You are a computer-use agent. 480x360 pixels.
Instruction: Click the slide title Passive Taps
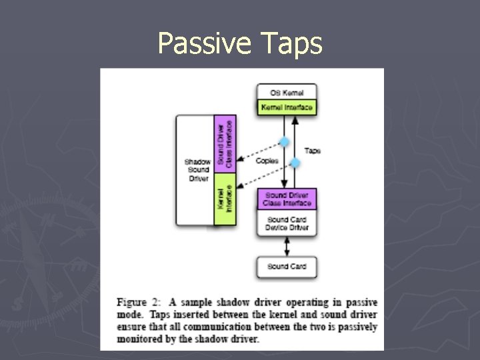tap(240, 44)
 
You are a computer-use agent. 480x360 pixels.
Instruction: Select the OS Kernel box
tap(287, 92)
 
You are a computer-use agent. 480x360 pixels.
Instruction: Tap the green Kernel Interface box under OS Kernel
tap(287, 107)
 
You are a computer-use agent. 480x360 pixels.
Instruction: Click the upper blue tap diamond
tap(285, 141)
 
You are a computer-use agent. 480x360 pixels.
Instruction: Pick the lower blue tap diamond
tap(295, 163)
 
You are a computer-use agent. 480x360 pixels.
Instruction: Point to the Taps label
tap(312, 151)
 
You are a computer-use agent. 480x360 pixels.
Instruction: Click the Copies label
tap(267, 161)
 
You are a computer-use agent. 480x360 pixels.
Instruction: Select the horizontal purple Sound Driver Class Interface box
tap(287, 199)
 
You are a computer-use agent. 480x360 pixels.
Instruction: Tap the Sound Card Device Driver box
tap(287, 223)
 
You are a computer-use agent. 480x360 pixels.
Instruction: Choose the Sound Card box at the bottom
tap(287, 267)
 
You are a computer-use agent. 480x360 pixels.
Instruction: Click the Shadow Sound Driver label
tap(197, 169)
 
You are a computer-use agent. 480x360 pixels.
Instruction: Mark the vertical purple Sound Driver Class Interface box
tap(225, 143)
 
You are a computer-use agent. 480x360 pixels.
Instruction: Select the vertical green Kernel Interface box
tap(225, 199)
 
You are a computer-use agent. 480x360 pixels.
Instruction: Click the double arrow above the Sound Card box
tap(287, 247)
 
